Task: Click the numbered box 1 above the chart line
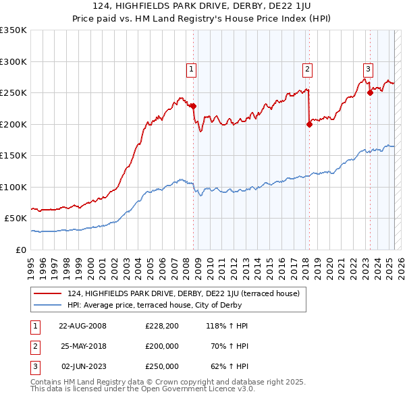coord(192,68)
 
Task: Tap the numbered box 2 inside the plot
coord(307,68)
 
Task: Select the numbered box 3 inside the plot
coord(368,68)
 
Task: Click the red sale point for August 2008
coord(193,106)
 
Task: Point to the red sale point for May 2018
coord(309,123)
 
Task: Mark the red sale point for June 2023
coord(370,92)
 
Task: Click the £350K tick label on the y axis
coord(13,30)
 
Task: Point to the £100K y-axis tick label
coord(13,187)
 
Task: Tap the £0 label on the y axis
coord(21,250)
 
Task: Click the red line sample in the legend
coord(48,293)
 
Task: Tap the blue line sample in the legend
coord(48,305)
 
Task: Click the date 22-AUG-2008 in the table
coord(82,325)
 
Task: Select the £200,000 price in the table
coord(162,346)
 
